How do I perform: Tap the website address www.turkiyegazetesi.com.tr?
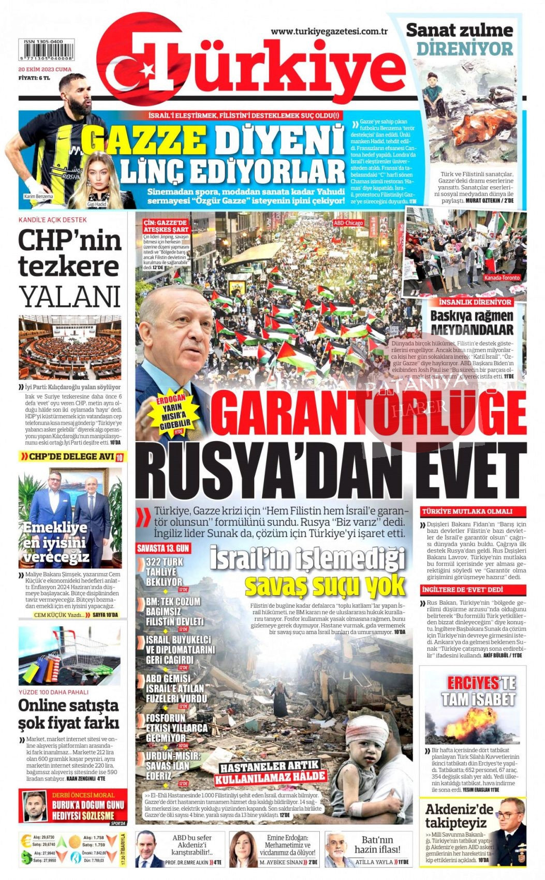(x=329, y=32)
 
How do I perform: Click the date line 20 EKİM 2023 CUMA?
(x=45, y=69)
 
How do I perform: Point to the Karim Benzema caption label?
(x=38, y=197)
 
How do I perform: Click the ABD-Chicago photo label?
(x=348, y=223)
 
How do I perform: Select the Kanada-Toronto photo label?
(x=502, y=278)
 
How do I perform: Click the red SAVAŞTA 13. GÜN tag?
(x=163, y=548)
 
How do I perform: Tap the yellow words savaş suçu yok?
(x=325, y=585)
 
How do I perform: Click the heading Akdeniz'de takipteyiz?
(x=459, y=816)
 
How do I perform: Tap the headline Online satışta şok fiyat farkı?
(x=69, y=713)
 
